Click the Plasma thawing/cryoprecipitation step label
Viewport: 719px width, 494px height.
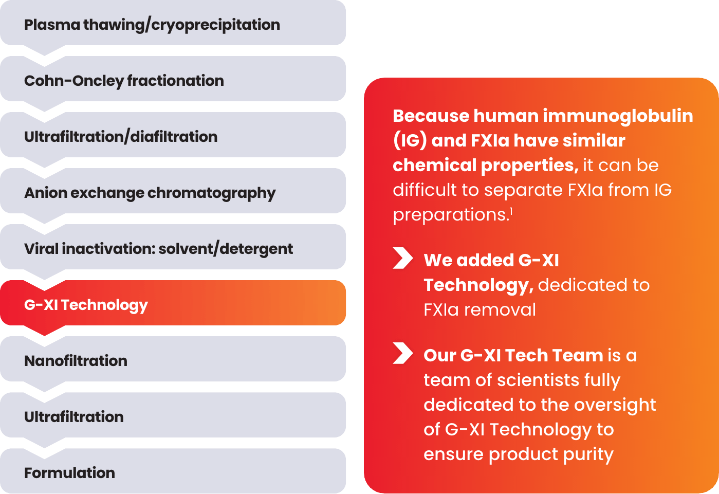point(152,25)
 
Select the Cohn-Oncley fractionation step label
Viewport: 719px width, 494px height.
point(124,81)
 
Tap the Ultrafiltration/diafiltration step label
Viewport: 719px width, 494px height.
point(121,137)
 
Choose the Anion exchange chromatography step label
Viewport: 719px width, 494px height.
point(150,193)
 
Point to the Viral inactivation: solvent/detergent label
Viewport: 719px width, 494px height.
point(159,249)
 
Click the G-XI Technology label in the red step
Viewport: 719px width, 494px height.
point(86,305)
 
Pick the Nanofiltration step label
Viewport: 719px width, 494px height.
point(76,361)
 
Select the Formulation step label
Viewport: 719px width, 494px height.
point(70,473)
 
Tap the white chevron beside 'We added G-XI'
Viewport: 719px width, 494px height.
point(403,258)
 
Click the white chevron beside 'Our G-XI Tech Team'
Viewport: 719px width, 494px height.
point(403,353)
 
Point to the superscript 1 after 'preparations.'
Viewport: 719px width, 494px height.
point(511,211)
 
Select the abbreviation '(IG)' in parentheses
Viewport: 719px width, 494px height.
point(410,141)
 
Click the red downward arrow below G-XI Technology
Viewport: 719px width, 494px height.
point(45,331)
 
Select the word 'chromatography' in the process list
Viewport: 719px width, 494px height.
point(212,193)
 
